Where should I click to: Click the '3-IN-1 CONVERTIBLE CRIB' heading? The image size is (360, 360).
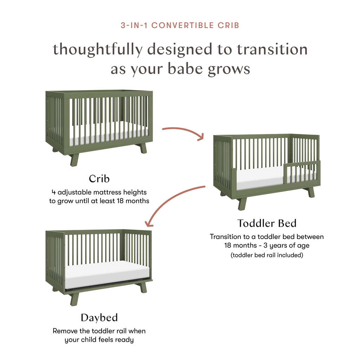(180, 25)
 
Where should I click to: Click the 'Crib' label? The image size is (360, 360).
(99, 179)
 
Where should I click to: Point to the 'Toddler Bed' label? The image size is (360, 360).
(267, 223)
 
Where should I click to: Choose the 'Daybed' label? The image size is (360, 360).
(99, 318)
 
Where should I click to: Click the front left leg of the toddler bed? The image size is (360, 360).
(242, 204)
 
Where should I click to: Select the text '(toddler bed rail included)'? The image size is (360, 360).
(266, 255)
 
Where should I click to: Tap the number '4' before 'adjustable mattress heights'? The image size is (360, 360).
(53, 192)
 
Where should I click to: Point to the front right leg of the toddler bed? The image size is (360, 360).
(310, 192)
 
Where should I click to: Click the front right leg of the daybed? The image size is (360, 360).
(143, 287)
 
